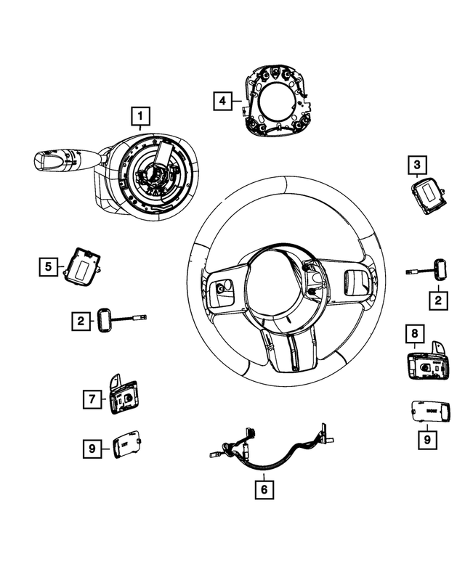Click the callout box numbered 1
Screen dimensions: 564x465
[140, 115]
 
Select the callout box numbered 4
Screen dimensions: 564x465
[223, 100]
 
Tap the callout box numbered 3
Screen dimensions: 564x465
[416, 166]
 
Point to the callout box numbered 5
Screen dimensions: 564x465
[49, 267]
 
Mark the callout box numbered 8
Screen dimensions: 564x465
[414, 335]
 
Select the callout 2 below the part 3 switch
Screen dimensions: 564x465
[438, 298]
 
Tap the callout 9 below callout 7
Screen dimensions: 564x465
[92, 450]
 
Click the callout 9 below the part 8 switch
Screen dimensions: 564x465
[428, 438]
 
